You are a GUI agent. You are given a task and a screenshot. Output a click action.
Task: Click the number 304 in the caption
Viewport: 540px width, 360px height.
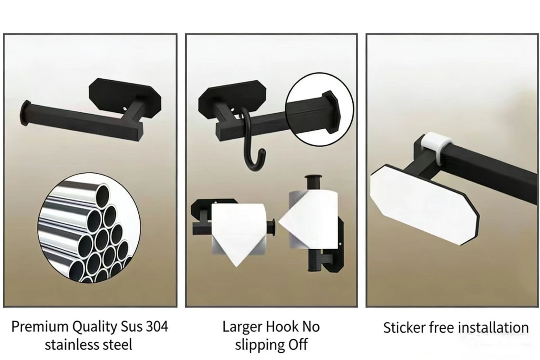pos(157,327)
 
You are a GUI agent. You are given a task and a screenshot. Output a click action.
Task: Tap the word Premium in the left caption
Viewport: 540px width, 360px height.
pos(40,327)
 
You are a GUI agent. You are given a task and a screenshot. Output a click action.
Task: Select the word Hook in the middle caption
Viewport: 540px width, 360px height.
pos(282,327)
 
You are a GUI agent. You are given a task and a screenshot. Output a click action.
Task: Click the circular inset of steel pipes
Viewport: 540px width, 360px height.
pos(89,228)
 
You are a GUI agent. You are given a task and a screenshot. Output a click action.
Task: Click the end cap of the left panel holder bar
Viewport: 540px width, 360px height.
pos(26,113)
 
